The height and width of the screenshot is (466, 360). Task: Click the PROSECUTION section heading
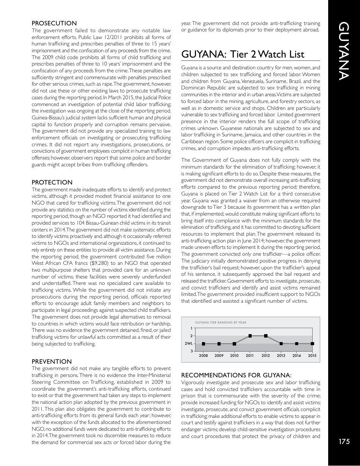coord(54,23)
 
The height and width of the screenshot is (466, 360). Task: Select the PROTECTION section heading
coord(52,182)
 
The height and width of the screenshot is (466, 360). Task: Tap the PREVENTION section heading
coord(52,361)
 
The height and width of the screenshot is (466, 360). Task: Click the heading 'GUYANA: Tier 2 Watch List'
coord(243,54)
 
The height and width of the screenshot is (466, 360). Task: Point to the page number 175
coord(344,441)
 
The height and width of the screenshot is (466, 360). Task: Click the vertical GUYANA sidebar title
coord(344,51)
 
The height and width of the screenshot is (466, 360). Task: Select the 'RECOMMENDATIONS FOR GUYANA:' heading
coord(236,375)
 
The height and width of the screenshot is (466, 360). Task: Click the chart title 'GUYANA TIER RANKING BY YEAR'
coord(221,322)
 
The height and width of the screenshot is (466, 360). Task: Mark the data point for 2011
coord(250,336)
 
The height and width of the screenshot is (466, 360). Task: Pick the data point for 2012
coord(266,336)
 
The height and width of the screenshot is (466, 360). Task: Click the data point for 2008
coord(203,344)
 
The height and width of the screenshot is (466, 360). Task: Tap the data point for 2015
coord(312,344)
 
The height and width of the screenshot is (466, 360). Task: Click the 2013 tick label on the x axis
coord(281,355)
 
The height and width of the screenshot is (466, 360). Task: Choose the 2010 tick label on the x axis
coord(234,355)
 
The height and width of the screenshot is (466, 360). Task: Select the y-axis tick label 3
coord(191,352)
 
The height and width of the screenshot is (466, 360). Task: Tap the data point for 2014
coord(297,344)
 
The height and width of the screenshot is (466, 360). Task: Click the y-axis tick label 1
coord(191,328)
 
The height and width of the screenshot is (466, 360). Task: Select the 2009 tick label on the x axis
coord(219,355)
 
